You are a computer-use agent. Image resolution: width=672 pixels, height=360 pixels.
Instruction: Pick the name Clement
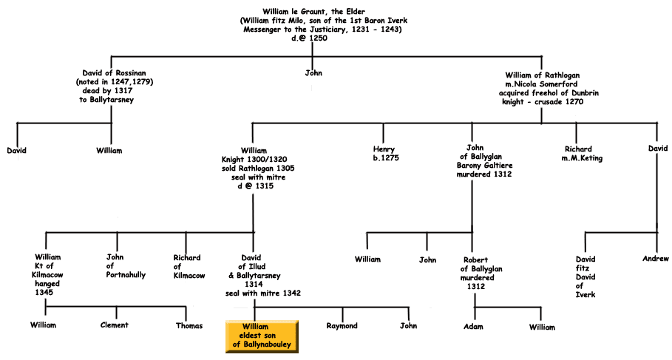115,325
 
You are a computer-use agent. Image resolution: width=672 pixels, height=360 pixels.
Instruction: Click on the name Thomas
189,327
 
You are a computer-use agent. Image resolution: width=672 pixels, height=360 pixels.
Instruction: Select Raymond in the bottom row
342,326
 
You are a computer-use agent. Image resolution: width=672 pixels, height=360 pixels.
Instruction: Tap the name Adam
473,327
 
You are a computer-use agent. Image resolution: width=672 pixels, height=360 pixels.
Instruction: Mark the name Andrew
655,259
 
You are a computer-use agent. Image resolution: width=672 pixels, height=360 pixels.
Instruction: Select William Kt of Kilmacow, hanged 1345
47,274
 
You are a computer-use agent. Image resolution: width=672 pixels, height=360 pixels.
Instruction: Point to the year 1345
44,292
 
